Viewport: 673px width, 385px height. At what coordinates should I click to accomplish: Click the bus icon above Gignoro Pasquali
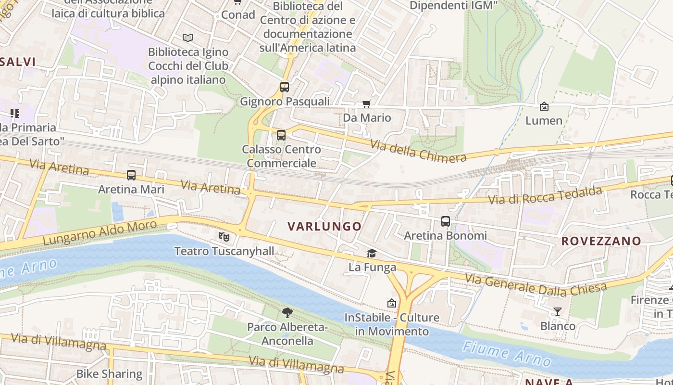[285, 87]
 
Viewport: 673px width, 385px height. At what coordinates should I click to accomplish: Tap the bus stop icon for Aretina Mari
[131, 175]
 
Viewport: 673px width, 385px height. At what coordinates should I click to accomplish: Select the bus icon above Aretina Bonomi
[446, 221]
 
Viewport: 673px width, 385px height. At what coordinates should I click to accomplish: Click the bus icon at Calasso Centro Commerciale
[281, 135]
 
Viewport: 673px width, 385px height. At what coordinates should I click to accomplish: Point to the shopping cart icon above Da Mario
[367, 103]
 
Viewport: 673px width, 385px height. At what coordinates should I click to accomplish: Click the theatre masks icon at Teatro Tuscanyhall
[224, 236]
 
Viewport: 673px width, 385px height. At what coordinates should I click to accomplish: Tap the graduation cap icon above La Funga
[372, 253]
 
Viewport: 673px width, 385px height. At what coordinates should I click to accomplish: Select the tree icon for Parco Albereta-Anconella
[287, 313]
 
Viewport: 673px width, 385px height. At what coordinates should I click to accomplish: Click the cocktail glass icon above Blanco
[558, 312]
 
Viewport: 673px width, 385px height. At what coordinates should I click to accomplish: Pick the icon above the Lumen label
[544, 106]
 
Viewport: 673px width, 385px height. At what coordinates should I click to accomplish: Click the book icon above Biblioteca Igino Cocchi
[188, 38]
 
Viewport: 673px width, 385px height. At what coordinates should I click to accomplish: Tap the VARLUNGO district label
[324, 226]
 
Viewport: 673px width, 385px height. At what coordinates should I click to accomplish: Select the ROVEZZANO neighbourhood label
[601, 241]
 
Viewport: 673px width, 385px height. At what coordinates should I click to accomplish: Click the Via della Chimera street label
[418, 150]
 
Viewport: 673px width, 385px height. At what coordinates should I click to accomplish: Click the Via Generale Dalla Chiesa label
[536, 284]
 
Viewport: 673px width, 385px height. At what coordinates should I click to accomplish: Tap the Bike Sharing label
[109, 374]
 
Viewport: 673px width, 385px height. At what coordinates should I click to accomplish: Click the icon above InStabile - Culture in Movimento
[392, 303]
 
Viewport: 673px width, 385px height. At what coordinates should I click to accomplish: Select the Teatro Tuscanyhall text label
[224, 251]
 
